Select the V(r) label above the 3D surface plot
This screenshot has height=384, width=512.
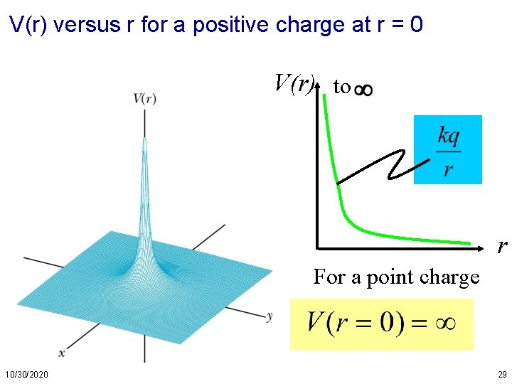144,99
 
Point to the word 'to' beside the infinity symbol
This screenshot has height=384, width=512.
342,87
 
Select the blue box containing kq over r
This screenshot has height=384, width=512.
447,149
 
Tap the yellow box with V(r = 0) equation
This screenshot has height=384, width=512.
381,324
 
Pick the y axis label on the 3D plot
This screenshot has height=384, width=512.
270,315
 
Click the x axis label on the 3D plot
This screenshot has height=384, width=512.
62,353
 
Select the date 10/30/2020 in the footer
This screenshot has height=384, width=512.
27,374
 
